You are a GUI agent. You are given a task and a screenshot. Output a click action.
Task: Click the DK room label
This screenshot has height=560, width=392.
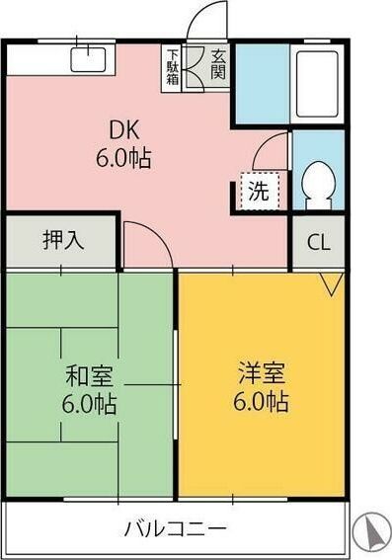click(124, 130)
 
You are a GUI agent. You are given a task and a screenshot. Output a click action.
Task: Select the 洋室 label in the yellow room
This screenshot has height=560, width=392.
click(262, 372)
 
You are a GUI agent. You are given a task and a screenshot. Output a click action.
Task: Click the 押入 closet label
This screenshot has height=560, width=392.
click(63, 240)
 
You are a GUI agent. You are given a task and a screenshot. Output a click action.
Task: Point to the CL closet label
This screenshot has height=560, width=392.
click(319, 243)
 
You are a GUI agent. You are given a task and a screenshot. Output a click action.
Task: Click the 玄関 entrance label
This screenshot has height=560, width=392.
click(217, 64)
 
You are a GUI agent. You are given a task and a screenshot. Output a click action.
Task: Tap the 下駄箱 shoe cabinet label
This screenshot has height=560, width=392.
click(173, 67)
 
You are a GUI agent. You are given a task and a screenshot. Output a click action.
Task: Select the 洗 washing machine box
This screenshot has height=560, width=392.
click(259, 191)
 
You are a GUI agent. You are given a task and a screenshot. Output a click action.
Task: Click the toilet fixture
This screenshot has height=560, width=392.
click(319, 185)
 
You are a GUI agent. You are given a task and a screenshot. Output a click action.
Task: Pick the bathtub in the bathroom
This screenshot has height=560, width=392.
click(317, 84)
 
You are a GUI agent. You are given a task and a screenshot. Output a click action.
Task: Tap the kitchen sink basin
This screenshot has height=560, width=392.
click(89, 59)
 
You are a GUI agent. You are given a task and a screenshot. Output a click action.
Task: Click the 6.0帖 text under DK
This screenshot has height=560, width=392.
click(123, 158)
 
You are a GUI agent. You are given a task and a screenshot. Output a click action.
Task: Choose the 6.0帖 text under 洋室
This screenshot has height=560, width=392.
click(262, 402)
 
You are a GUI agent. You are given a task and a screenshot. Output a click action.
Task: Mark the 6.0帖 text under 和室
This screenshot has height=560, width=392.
click(89, 404)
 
